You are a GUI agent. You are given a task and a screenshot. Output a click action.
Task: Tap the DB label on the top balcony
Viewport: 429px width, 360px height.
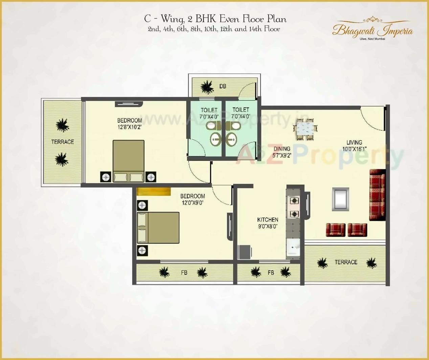point(223,86)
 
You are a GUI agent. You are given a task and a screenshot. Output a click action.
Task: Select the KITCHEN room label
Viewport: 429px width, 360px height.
point(268,220)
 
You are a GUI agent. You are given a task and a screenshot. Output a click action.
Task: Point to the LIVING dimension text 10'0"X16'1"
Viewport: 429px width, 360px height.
point(354,149)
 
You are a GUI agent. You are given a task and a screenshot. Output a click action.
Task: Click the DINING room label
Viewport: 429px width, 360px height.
point(282,149)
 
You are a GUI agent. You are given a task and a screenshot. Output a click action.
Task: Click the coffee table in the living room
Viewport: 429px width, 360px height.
point(340,199)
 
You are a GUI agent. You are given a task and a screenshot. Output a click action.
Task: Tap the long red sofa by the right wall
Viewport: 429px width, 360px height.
point(377,195)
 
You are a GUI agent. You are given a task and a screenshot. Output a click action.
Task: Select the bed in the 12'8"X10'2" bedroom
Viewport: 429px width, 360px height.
point(129,161)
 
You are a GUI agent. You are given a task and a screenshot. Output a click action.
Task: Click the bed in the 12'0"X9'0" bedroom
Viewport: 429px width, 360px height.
point(158,228)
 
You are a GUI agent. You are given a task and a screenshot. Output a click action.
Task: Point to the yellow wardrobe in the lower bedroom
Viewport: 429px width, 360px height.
point(154,191)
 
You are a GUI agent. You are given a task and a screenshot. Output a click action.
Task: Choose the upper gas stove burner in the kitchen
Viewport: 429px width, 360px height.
point(294,201)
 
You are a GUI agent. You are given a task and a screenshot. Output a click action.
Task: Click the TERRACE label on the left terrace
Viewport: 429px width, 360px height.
point(63,142)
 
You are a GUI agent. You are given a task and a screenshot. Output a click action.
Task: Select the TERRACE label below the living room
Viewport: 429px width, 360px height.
point(346,262)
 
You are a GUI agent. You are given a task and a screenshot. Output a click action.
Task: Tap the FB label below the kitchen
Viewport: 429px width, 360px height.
point(271,272)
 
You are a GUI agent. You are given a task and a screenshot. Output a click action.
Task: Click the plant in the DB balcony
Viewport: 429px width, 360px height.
point(207,87)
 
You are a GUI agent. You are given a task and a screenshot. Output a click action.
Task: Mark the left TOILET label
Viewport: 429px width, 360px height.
point(209,110)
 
